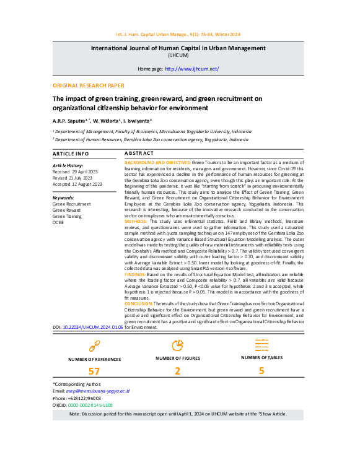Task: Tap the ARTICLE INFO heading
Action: (x=70, y=153)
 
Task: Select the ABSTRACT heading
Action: (x=139, y=152)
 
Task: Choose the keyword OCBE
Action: (x=58, y=222)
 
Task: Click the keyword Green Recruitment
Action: (x=71, y=203)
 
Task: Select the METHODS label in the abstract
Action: (x=136, y=220)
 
